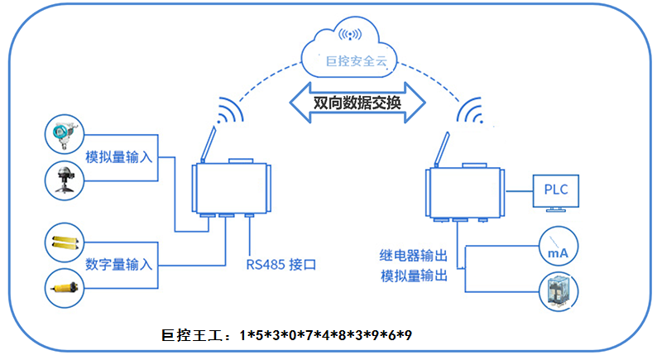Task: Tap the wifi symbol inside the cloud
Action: click(351, 36)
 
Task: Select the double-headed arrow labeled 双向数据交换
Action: click(357, 103)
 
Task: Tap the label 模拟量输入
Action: click(121, 156)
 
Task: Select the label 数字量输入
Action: click(119, 265)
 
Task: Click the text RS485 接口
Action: click(281, 265)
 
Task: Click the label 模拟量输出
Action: click(413, 276)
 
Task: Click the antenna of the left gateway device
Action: click(207, 142)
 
